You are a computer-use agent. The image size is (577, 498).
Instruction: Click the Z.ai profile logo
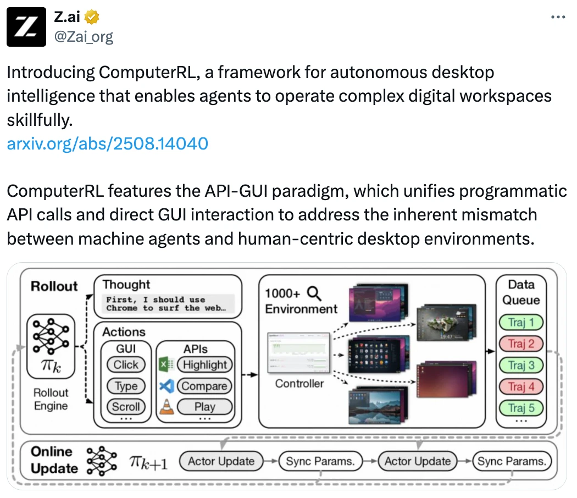click(x=27, y=27)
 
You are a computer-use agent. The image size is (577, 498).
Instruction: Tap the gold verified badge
click(x=92, y=17)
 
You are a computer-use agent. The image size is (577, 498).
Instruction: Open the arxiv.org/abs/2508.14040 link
click(x=107, y=143)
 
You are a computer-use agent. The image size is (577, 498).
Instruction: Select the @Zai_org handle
click(x=84, y=37)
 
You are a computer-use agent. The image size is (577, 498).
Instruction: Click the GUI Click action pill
click(x=126, y=364)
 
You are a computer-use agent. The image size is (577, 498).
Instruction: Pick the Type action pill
click(x=126, y=386)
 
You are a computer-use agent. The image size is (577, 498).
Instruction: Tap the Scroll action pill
click(x=126, y=407)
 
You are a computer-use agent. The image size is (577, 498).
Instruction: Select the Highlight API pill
click(x=204, y=364)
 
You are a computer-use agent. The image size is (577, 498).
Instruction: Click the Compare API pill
click(x=204, y=386)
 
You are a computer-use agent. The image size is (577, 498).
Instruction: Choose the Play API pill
click(x=204, y=407)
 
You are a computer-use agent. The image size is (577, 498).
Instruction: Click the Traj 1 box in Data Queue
click(x=520, y=322)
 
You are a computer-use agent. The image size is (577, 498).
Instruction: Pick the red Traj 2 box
click(x=520, y=344)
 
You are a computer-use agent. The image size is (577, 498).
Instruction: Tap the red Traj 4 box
click(x=520, y=386)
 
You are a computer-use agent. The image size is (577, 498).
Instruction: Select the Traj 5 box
click(x=520, y=408)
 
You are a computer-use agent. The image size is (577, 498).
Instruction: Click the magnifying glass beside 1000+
click(x=314, y=292)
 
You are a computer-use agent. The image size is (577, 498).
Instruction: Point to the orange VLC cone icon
click(x=166, y=407)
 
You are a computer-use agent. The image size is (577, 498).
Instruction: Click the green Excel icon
click(x=166, y=364)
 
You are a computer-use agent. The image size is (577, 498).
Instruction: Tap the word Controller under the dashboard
click(x=299, y=383)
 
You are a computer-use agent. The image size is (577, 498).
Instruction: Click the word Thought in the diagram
click(x=126, y=284)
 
